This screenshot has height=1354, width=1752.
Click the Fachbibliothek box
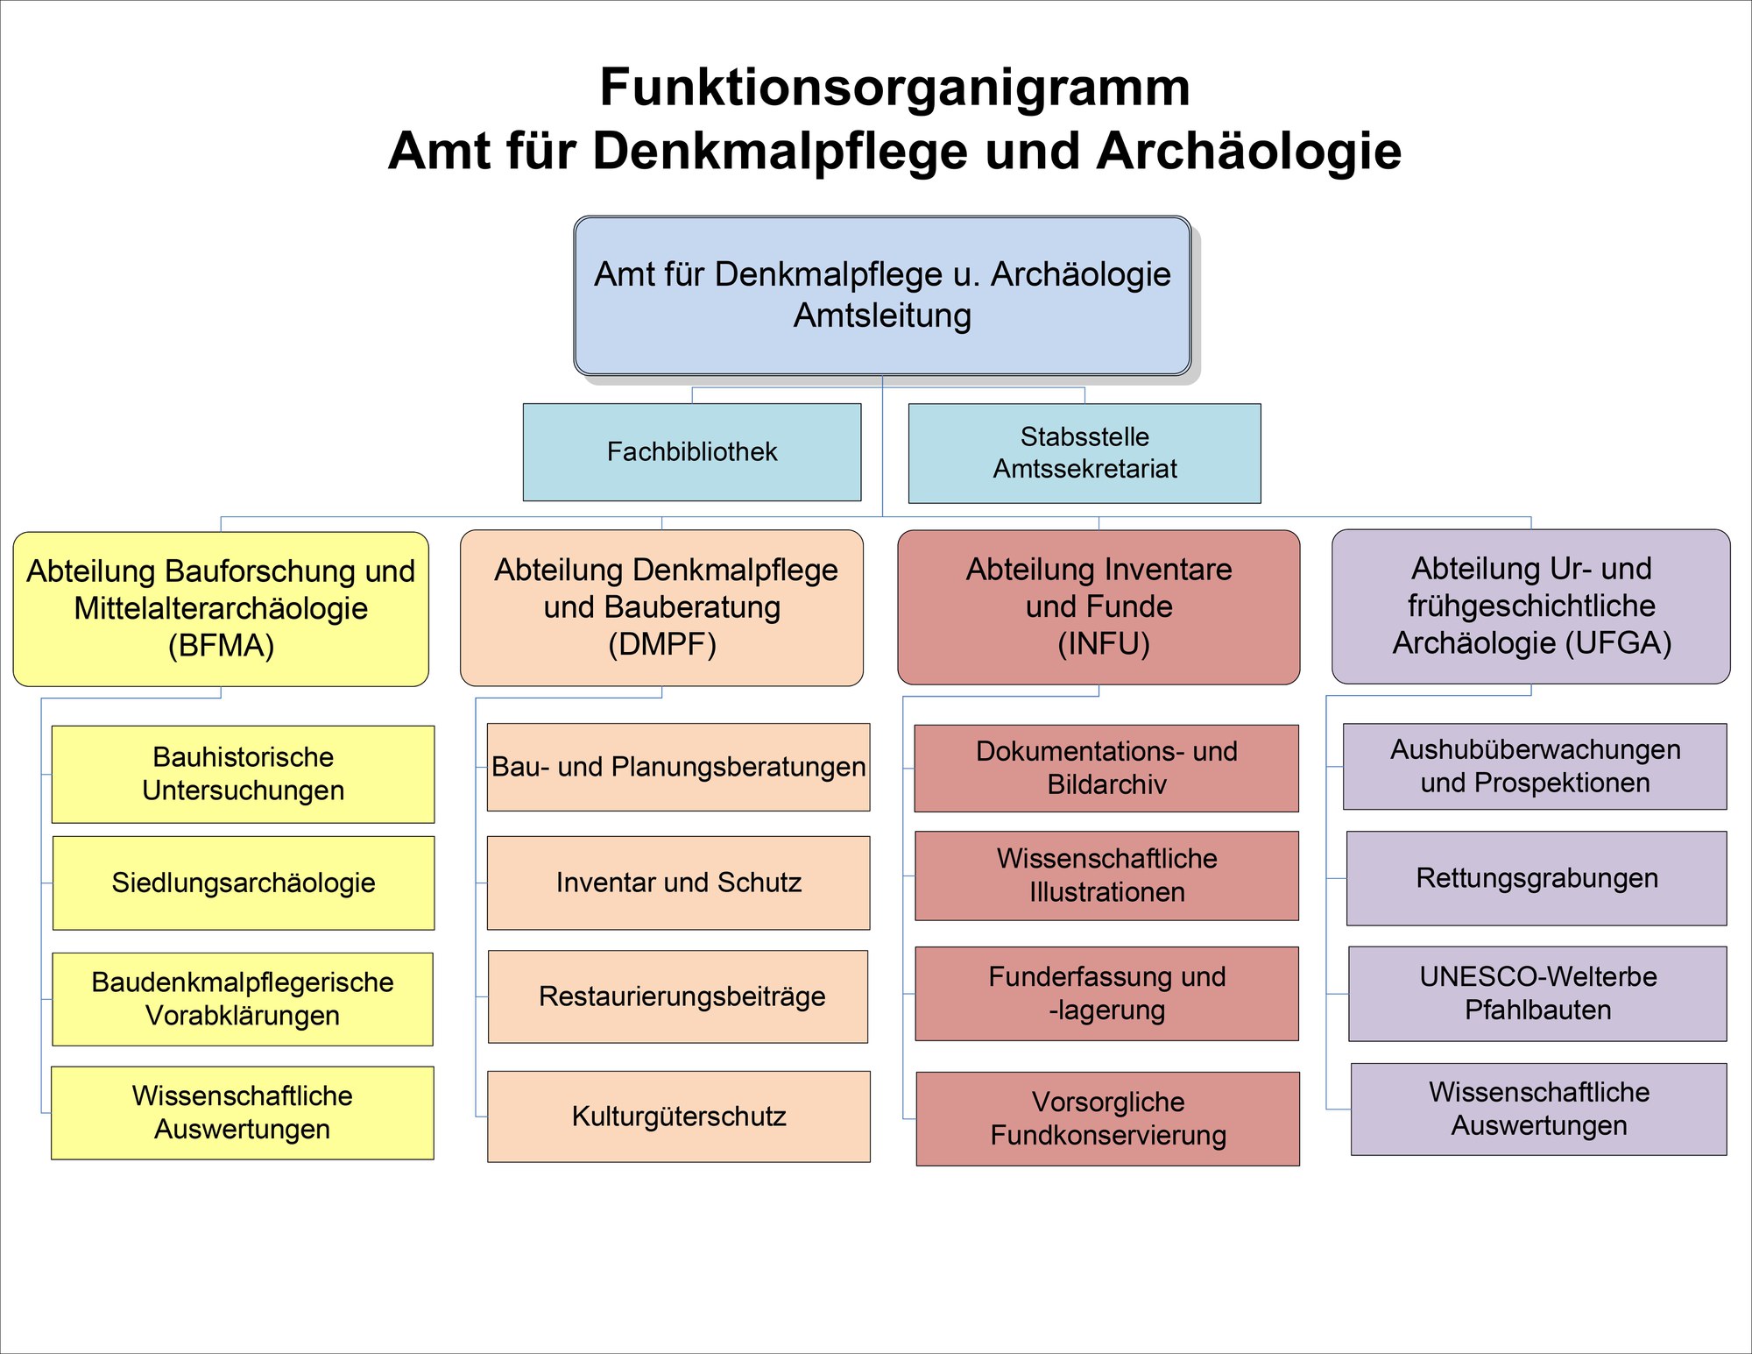pyautogui.click(x=692, y=452)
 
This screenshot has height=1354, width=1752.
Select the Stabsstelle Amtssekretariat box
pyautogui.click(x=1084, y=453)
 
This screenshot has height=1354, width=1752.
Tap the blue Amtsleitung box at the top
pyautogui.click(x=882, y=295)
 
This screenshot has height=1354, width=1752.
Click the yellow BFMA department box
pyautogui.click(x=221, y=609)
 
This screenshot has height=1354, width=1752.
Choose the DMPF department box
pyautogui.click(x=661, y=607)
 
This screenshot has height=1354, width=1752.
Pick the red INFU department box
pyautogui.click(x=1099, y=606)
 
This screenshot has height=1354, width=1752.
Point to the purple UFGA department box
pyautogui.click(x=1531, y=606)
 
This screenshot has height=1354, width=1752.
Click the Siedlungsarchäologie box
pyautogui.click(x=244, y=883)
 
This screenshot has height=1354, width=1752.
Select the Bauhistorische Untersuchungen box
pyautogui.click(x=244, y=774)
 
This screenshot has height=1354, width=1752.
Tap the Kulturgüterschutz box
pyautogui.click(x=679, y=1117)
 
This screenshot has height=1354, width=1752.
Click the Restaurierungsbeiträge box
pyautogui.click(x=678, y=996)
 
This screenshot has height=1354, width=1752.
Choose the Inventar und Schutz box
pyautogui.click(x=679, y=883)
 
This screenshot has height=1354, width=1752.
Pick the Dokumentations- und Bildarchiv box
pyautogui.click(x=1106, y=768)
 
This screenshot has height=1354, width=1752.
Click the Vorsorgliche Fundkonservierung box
pyautogui.click(x=1108, y=1118)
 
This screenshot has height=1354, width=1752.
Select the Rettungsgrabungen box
pyautogui.click(x=1537, y=878)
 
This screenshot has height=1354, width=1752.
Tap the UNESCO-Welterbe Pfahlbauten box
pyautogui.click(x=1537, y=993)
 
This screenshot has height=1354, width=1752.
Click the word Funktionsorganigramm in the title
pyautogui.click(x=894, y=88)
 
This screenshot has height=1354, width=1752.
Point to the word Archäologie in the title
pyautogui.click(x=1248, y=151)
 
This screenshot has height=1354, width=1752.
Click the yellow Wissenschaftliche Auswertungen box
pyautogui.click(x=243, y=1113)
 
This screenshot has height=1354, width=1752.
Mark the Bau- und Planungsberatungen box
pyautogui.click(x=679, y=767)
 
